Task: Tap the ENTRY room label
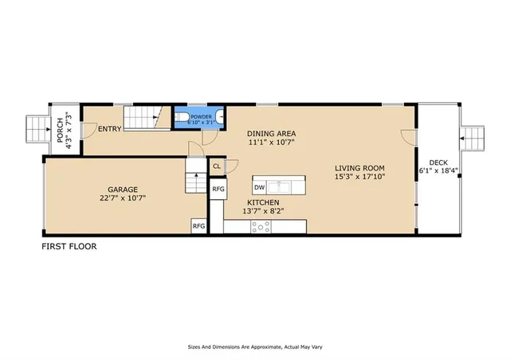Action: tap(109, 128)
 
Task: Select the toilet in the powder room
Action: tap(182, 120)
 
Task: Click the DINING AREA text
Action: tap(272, 134)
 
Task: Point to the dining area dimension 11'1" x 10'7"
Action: tap(272, 143)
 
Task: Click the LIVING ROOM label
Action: tap(359, 168)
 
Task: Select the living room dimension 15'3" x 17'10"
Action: tap(359, 178)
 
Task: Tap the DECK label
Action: tap(438, 162)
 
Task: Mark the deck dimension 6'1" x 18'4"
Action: tap(438, 170)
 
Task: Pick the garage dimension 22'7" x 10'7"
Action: tap(121, 198)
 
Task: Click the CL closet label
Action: tap(217, 166)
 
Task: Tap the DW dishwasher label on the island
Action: tap(260, 187)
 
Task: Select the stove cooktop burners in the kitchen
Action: tap(261, 226)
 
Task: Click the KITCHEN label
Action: tap(263, 202)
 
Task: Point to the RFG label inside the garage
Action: tap(198, 226)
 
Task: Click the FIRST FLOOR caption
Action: tap(69, 247)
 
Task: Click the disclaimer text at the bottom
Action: tap(254, 347)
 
